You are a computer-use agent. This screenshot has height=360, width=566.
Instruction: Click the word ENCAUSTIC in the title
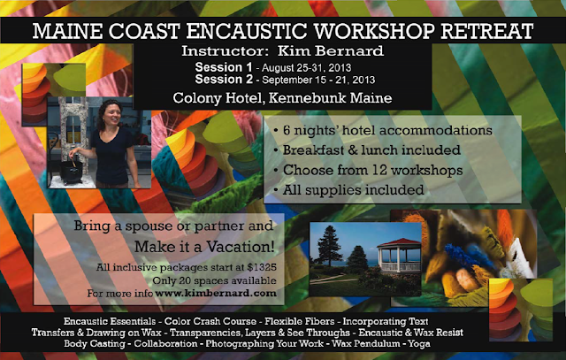coord(248,31)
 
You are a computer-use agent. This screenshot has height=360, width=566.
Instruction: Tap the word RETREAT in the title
coord(487,31)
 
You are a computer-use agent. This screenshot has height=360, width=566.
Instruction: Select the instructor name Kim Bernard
coord(330,51)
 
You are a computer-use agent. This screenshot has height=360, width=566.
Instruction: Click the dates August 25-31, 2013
coord(307,68)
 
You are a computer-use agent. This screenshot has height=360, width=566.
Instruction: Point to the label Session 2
coord(224,79)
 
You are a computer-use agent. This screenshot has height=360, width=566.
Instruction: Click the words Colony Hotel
coord(218,98)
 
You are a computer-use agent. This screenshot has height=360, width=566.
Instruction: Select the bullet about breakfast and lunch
coord(367,149)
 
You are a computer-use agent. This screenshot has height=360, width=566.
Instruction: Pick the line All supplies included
coord(348,189)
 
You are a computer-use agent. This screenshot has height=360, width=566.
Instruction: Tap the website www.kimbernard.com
coord(216,293)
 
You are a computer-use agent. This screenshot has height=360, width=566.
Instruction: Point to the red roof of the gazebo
coord(399,242)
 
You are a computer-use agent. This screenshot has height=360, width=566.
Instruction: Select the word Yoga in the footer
coord(418,343)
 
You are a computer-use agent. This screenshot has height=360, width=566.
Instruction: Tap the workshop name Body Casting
coord(95,343)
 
